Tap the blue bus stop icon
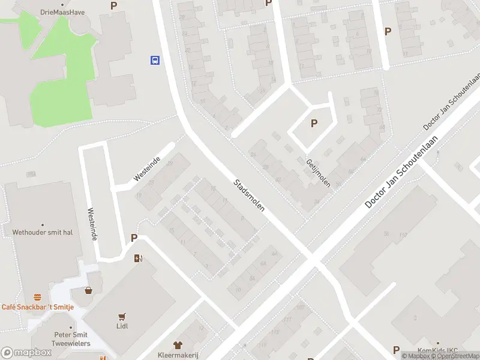155,60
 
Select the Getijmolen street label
317,173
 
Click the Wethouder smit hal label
46,232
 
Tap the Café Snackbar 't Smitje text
37,307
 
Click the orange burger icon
38,298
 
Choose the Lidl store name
123,326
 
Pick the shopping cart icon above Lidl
123,317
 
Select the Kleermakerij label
178,355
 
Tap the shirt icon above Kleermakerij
178,345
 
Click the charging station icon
139,259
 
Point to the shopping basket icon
89,290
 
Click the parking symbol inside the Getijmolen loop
313,124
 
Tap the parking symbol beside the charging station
134,238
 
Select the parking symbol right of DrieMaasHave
114,5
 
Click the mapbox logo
26,353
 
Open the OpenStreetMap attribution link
458,356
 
